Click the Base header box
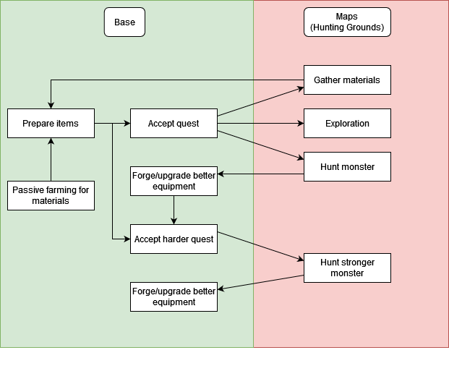click(x=124, y=22)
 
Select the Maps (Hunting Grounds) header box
click(x=347, y=22)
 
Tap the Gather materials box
click(x=347, y=80)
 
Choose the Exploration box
click(x=347, y=124)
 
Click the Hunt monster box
click(x=347, y=167)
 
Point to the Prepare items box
click(x=51, y=124)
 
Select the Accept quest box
click(x=174, y=124)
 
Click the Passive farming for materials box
click(x=51, y=195)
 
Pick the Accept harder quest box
click(x=174, y=239)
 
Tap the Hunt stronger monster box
click(x=347, y=268)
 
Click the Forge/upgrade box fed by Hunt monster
click(x=174, y=181)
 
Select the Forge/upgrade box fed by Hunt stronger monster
click(x=174, y=296)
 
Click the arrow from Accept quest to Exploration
click(x=260, y=124)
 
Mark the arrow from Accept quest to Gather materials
click(x=260, y=101)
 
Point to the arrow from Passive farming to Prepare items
click(x=51, y=159)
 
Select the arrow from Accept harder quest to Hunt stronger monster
click(x=260, y=246)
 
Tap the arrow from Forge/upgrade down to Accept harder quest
click(x=174, y=210)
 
